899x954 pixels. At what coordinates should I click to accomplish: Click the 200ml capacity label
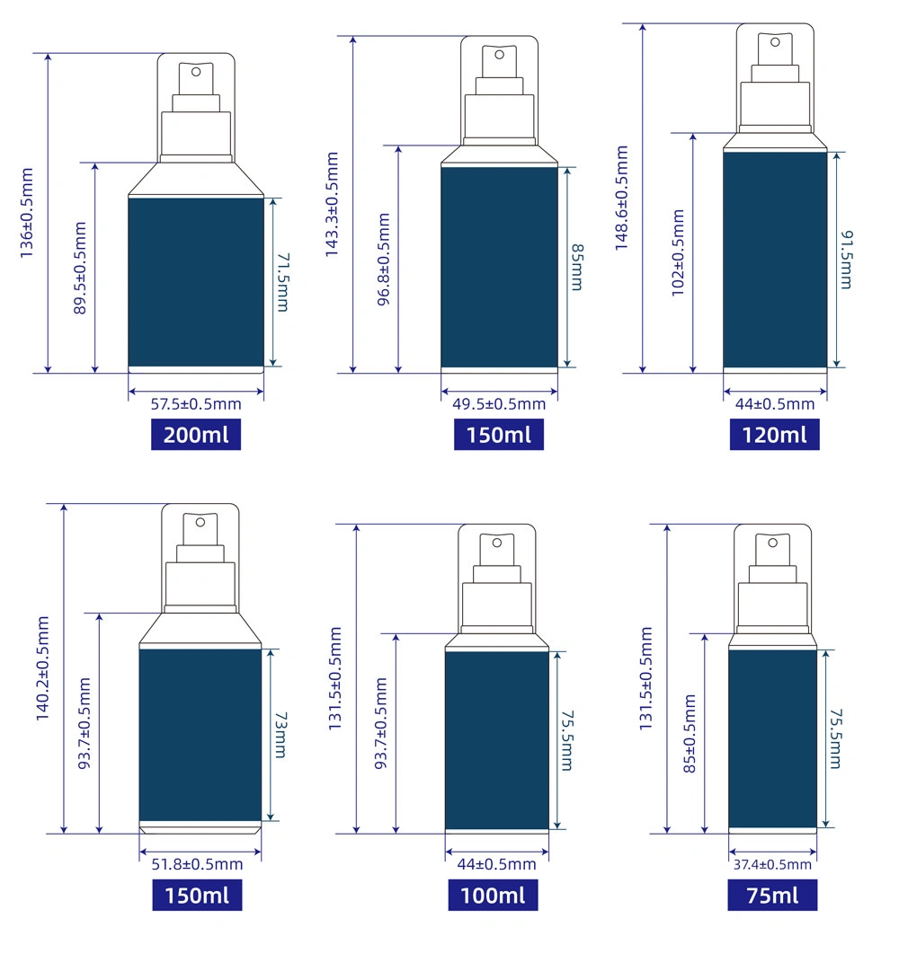pyautogui.click(x=195, y=435)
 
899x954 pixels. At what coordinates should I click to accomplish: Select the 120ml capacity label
pyautogui.click(x=774, y=435)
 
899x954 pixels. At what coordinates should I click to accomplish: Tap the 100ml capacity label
pyautogui.click(x=493, y=895)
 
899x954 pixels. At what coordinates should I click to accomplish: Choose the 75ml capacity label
pyautogui.click(x=772, y=895)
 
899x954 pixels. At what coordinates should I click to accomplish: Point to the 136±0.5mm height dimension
pyautogui.click(x=27, y=213)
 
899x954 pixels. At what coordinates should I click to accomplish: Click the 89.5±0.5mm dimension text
pyautogui.click(x=80, y=269)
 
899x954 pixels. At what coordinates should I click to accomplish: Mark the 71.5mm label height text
pyautogui.click(x=283, y=282)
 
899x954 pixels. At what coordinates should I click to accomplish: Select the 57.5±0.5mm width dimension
pyautogui.click(x=196, y=404)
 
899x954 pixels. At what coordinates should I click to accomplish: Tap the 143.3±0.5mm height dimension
pyautogui.click(x=332, y=205)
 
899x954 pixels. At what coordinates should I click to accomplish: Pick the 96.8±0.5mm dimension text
pyautogui.click(x=383, y=260)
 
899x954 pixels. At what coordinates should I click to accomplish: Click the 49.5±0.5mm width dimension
pyautogui.click(x=499, y=404)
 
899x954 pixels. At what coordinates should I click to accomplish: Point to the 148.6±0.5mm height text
pyautogui.click(x=621, y=198)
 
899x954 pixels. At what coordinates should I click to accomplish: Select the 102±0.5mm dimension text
pyautogui.click(x=678, y=253)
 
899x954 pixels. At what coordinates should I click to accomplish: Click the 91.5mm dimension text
pyautogui.click(x=847, y=260)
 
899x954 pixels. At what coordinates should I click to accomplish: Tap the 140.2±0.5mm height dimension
pyautogui.click(x=42, y=668)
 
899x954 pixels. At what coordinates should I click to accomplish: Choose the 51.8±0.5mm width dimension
pyautogui.click(x=198, y=864)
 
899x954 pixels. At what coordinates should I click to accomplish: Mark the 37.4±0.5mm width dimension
pyautogui.click(x=772, y=864)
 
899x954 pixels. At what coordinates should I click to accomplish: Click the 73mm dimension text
pyautogui.click(x=280, y=735)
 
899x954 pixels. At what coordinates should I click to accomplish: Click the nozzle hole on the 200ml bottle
pyautogui.click(x=196, y=72)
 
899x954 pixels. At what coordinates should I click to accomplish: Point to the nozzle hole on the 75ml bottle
pyautogui.click(x=773, y=543)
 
